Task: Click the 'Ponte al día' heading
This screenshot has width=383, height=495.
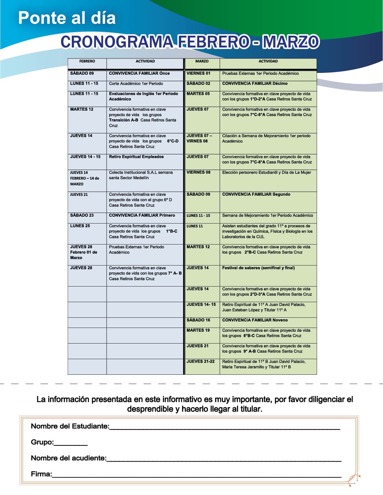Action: (67, 18)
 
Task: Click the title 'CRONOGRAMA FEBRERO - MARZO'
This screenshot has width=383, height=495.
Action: (190, 42)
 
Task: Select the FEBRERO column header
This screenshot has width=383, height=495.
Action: (87, 61)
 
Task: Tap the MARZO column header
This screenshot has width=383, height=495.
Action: (202, 61)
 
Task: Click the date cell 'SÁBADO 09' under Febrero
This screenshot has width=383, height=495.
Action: (82, 73)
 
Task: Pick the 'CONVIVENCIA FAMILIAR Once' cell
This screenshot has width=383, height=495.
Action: (139, 73)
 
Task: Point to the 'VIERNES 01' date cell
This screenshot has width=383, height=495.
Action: (199, 73)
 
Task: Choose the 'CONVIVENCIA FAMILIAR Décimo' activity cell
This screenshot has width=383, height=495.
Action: (255, 84)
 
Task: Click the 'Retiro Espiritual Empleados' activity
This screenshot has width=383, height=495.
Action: (136, 157)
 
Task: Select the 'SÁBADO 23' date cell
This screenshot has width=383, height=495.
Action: (82, 215)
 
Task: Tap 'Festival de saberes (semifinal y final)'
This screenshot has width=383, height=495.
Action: (258, 268)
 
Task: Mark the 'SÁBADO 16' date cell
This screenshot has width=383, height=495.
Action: (199, 320)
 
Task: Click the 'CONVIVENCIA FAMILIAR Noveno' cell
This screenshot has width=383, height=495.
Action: (255, 320)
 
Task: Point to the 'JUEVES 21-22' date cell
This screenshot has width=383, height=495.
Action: (201, 361)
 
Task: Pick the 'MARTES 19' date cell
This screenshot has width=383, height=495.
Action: (198, 330)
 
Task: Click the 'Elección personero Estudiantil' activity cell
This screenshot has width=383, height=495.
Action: (266, 172)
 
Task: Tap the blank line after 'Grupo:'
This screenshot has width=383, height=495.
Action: (71, 443)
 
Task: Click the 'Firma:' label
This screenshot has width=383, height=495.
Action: (41, 474)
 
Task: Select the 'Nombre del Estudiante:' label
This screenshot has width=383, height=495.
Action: (70, 426)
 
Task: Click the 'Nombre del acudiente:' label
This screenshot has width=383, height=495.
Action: (68, 458)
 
